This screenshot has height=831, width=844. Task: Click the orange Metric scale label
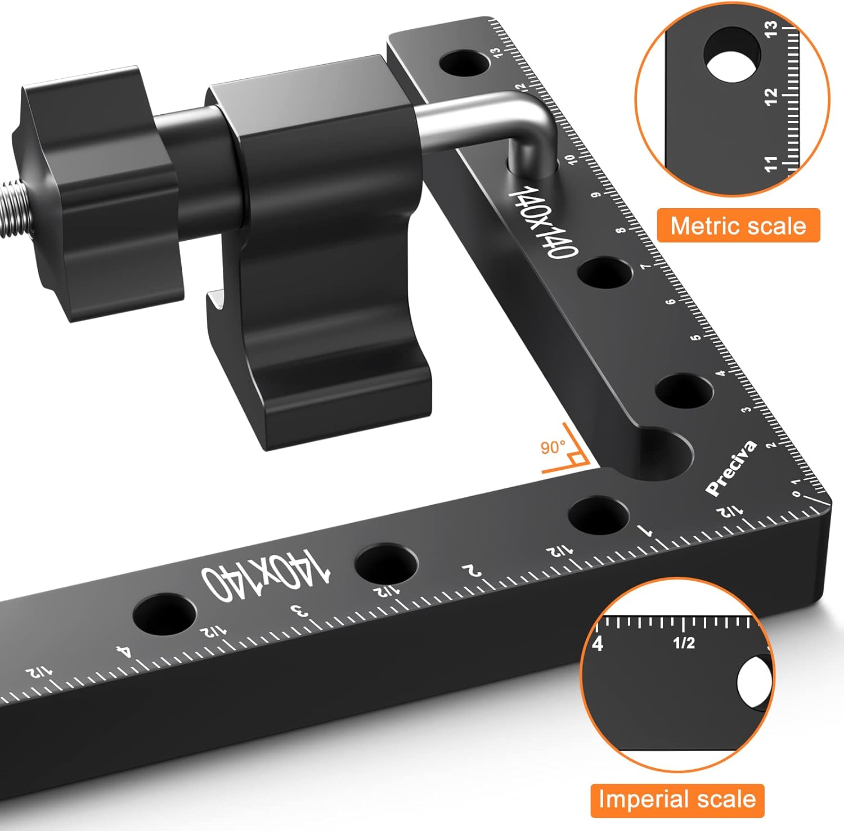[738, 226]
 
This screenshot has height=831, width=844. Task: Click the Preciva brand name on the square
[731, 468]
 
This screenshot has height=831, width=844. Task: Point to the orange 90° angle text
[553, 448]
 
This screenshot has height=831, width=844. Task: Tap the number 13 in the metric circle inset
[771, 28]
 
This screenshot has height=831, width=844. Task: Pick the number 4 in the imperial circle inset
[598, 643]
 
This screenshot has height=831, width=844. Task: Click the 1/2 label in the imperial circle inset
[684, 642]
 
